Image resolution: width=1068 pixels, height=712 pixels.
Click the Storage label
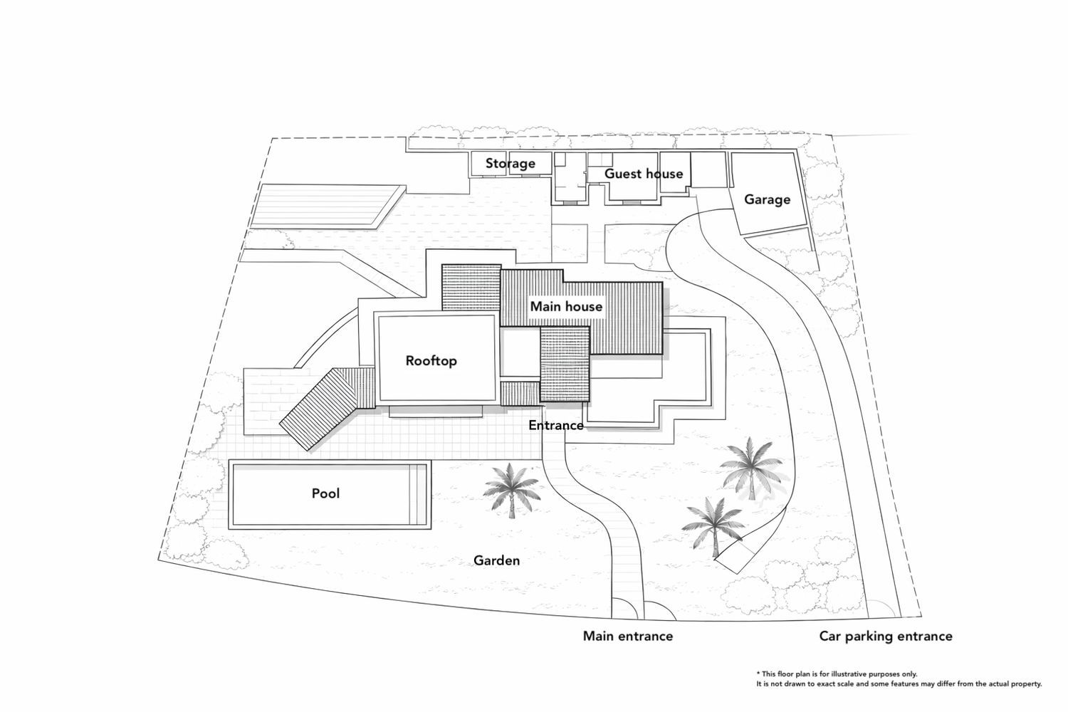coord(511,164)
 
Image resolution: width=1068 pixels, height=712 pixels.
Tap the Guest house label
coord(644,174)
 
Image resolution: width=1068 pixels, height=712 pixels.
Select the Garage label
coord(767,199)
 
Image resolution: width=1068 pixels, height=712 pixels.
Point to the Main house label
coord(567,306)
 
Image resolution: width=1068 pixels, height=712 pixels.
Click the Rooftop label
coord(431,360)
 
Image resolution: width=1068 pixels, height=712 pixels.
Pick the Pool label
coord(325,493)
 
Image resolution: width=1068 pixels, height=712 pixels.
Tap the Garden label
coord(496,560)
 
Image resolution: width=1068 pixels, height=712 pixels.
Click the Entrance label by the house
coord(556,425)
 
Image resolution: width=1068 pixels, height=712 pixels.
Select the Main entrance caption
coord(628,637)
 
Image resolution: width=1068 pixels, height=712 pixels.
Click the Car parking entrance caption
coord(886,637)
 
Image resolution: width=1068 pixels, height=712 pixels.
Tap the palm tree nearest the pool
coord(512,491)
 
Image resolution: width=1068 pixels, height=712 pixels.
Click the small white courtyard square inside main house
coord(520,352)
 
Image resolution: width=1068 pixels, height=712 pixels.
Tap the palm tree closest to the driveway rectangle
coord(713,527)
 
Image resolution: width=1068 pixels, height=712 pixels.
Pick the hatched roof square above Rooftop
coord(471,288)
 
